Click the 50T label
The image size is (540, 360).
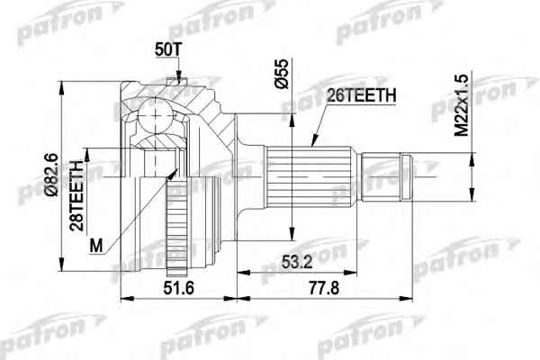coord(167,50)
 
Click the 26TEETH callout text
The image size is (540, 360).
coord(361,95)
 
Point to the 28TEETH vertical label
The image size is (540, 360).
coord(76,195)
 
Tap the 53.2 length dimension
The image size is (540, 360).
coord(297,262)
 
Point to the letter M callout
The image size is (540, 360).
coord(96,247)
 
